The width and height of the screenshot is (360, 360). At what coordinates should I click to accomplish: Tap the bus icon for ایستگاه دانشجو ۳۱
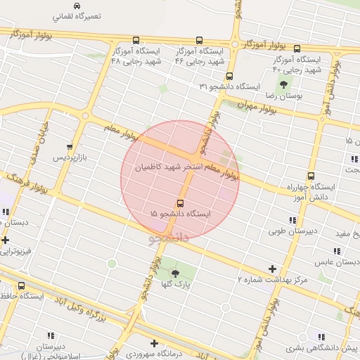point(229,76)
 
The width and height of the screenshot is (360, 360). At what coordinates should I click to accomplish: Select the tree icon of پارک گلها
point(175,273)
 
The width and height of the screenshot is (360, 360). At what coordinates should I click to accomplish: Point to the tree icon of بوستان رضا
point(283,84)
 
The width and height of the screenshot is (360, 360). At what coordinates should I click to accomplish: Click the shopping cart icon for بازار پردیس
point(69,147)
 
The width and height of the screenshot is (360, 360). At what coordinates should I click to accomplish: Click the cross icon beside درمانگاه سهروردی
point(134,343)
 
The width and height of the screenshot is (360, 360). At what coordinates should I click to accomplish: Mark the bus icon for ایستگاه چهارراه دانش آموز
point(311,176)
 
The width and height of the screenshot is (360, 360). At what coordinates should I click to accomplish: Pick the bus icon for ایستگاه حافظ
point(22,286)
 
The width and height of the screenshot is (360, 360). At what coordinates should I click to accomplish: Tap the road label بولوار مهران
point(234,103)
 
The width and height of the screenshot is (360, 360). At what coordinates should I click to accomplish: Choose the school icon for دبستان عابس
point(337,251)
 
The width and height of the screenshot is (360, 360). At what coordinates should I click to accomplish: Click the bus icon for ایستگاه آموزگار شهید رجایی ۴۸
point(135,41)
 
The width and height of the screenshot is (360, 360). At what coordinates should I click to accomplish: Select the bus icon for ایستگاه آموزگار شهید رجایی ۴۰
point(297,49)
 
